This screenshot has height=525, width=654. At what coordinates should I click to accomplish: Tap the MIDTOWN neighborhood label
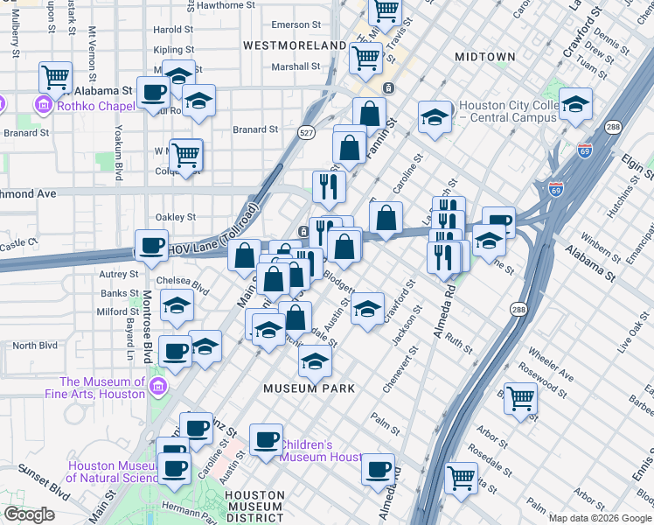(485, 57)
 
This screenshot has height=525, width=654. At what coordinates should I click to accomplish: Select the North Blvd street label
(36, 346)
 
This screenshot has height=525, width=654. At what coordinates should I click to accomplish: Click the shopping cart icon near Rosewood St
(520, 398)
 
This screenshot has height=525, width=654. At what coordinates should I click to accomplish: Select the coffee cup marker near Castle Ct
(151, 245)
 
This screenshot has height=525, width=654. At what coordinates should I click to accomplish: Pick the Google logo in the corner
(29, 514)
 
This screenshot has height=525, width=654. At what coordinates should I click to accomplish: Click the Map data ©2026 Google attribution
(600, 518)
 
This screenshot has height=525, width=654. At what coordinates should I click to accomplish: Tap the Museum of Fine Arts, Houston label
(103, 388)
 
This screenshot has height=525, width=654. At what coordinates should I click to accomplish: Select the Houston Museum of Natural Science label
(110, 472)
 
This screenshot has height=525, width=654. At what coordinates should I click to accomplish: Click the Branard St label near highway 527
(255, 129)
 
